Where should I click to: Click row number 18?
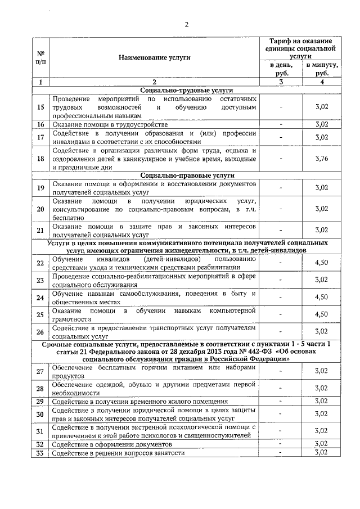coord(40,159)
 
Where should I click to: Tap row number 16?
coord(40,124)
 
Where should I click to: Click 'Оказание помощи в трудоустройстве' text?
coord(110,124)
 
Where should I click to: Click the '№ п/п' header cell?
coord(40,57)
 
